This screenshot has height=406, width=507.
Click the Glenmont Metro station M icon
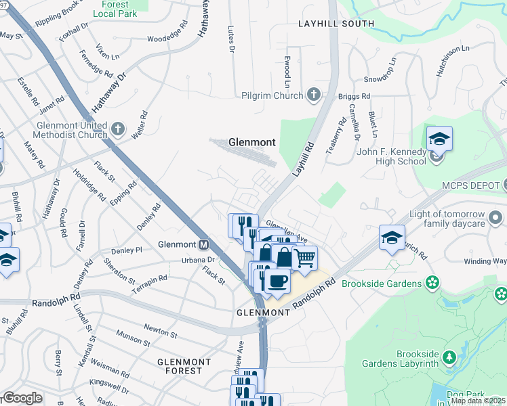203,244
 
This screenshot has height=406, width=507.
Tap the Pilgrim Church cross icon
314,95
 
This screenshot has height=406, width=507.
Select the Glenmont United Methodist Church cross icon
118,129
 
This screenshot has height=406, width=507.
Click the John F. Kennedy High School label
391,156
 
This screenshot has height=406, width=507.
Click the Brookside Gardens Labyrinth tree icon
448,356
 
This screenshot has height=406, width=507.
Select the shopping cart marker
304,258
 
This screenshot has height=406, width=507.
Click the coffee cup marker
277,280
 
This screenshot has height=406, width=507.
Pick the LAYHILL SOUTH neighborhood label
336,24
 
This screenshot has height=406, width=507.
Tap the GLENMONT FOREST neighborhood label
180,366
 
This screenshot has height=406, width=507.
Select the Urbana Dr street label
198,259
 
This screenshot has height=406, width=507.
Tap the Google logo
22,398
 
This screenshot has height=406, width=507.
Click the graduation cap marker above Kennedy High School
439,139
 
